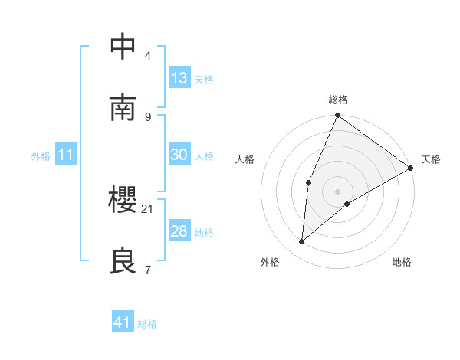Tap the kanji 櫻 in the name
point(123,200)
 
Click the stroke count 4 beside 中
point(148,55)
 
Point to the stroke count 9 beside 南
point(148,116)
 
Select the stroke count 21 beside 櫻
point(148,208)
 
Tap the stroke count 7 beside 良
point(148,270)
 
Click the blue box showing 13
point(179,78)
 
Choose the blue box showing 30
point(179,155)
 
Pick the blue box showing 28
point(179,231)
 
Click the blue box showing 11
point(66,155)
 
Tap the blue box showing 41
point(123,322)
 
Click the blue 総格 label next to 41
point(147,324)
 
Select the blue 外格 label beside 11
point(41,156)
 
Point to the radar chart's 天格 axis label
point(431,159)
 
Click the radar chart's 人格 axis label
point(245,159)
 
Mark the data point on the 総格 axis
point(337,116)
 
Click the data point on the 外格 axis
point(302,242)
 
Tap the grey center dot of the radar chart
point(337,191)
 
